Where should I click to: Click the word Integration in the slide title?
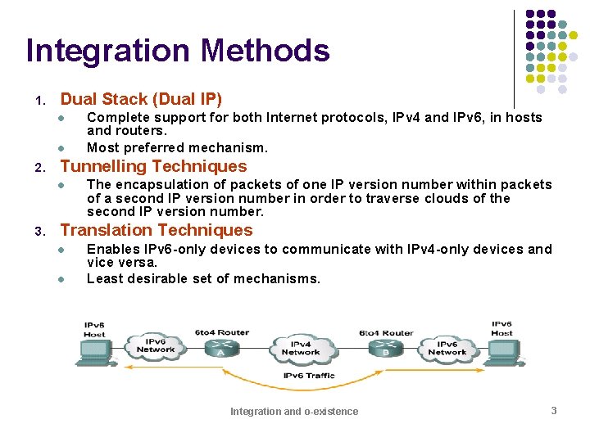tap(108, 52)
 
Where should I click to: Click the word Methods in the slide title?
tap(265, 51)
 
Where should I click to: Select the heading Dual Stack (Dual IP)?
tap(141, 99)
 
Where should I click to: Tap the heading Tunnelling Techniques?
tap(153, 166)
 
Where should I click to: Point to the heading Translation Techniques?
tap(157, 230)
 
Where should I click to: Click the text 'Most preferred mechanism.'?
tap(177, 148)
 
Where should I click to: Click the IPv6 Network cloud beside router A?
tap(156, 345)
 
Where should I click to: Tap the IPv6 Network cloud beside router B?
tap(447, 348)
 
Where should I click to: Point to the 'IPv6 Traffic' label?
tap(309, 376)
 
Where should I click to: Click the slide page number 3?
tap(553, 410)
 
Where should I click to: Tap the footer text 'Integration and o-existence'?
tap(294, 411)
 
